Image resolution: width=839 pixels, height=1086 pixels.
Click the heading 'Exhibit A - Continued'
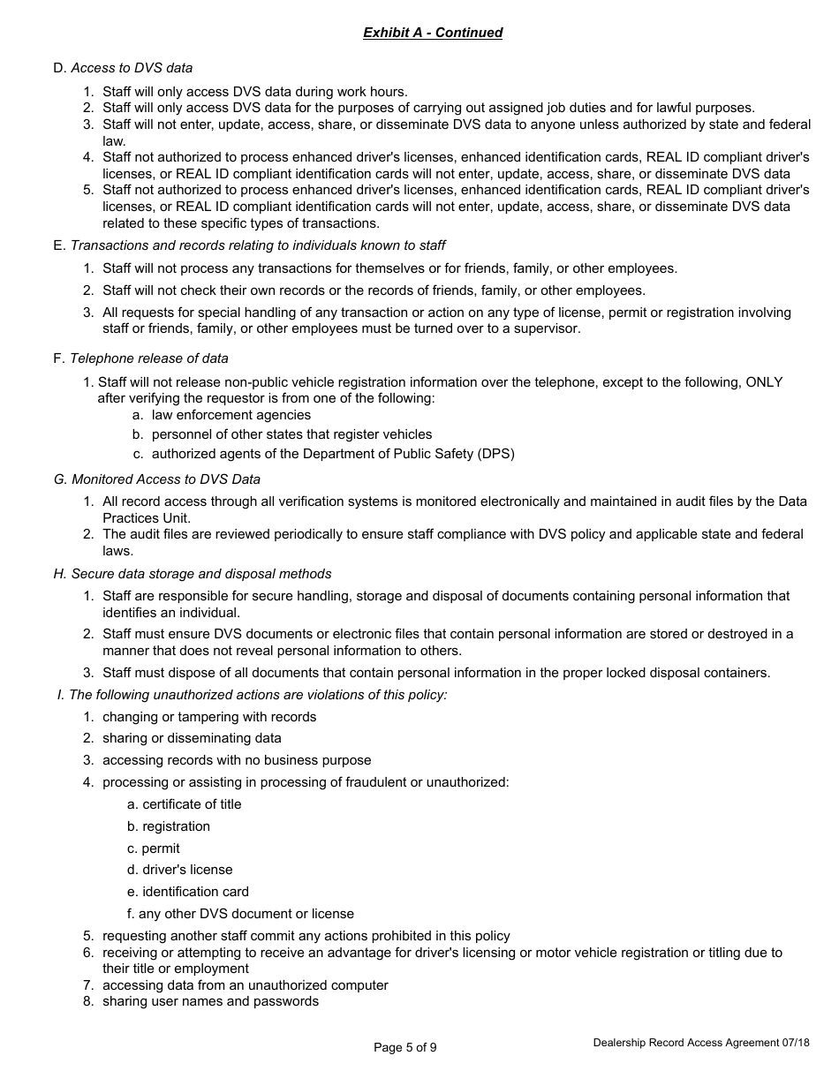point(433,33)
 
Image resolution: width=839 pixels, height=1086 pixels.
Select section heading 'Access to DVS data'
point(132,68)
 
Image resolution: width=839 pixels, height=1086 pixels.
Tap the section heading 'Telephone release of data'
point(148,358)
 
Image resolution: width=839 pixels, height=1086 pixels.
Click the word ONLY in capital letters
point(764,382)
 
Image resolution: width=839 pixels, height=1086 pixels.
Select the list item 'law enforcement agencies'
point(231,415)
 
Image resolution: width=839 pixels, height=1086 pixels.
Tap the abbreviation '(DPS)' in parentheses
point(495,454)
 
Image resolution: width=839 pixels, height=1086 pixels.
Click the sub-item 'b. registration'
point(169,826)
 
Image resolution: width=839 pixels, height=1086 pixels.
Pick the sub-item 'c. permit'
point(154,848)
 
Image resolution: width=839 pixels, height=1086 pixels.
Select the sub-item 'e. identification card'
point(188,892)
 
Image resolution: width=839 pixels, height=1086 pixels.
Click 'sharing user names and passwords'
point(210,1001)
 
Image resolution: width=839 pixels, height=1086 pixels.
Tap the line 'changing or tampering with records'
point(209,717)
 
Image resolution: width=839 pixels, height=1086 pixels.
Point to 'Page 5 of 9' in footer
point(405,1048)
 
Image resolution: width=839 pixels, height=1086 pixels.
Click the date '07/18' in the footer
point(795,1043)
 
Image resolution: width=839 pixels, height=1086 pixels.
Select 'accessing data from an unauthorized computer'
point(245,985)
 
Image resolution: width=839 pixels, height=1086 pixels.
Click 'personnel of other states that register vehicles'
point(291,434)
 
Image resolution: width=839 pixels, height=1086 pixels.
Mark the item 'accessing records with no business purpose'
point(237,760)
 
